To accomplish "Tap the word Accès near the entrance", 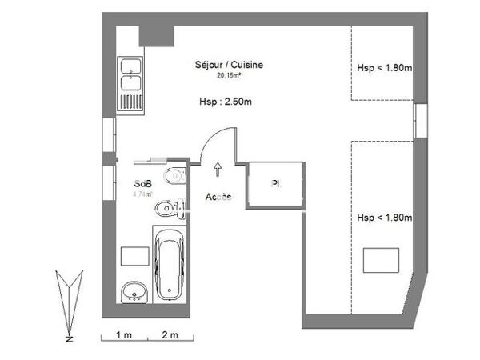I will click(218, 197).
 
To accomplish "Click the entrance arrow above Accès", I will click(218, 168).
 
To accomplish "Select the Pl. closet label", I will click(275, 184).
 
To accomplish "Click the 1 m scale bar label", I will click(124, 333).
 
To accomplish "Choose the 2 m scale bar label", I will click(170, 333).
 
